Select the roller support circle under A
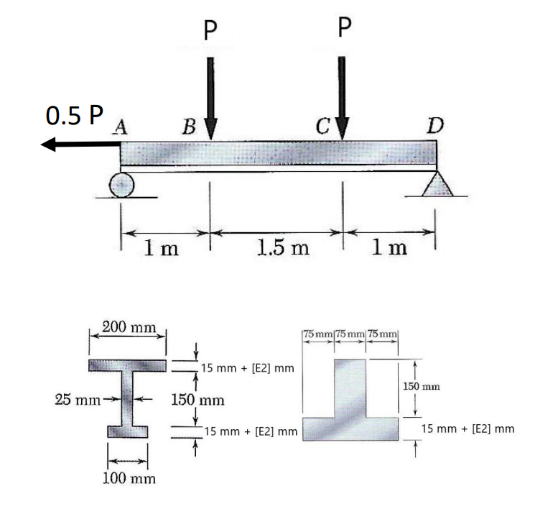tap(121, 185)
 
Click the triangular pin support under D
tap(436, 185)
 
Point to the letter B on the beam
tap(189, 128)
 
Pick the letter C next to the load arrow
tap(324, 128)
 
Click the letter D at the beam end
tap(434, 127)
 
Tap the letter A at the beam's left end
tap(119, 127)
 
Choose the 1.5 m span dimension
tap(282, 249)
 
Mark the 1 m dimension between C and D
tap(389, 249)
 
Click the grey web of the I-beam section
tap(129, 399)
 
